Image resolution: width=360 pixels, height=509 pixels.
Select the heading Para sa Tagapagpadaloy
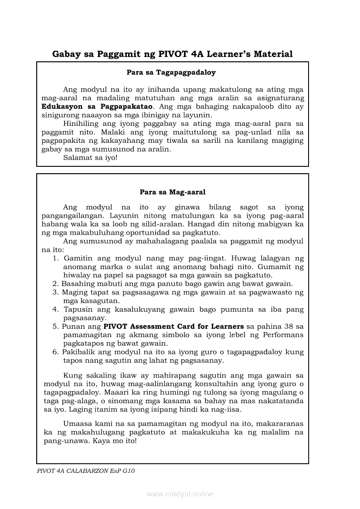(171, 72)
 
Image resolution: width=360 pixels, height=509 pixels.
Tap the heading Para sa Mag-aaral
(173, 192)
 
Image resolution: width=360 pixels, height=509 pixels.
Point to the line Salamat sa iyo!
(90, 157)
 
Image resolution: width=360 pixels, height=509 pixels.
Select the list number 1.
(55, 258)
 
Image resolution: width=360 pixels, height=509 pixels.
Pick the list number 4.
(55, 309)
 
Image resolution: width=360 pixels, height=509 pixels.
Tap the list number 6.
(55, 352)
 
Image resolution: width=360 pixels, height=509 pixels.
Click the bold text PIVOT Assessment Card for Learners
(173, 326)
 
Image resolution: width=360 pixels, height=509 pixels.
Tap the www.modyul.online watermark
(180, 494)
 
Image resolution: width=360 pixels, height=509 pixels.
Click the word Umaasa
(77, 423)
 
